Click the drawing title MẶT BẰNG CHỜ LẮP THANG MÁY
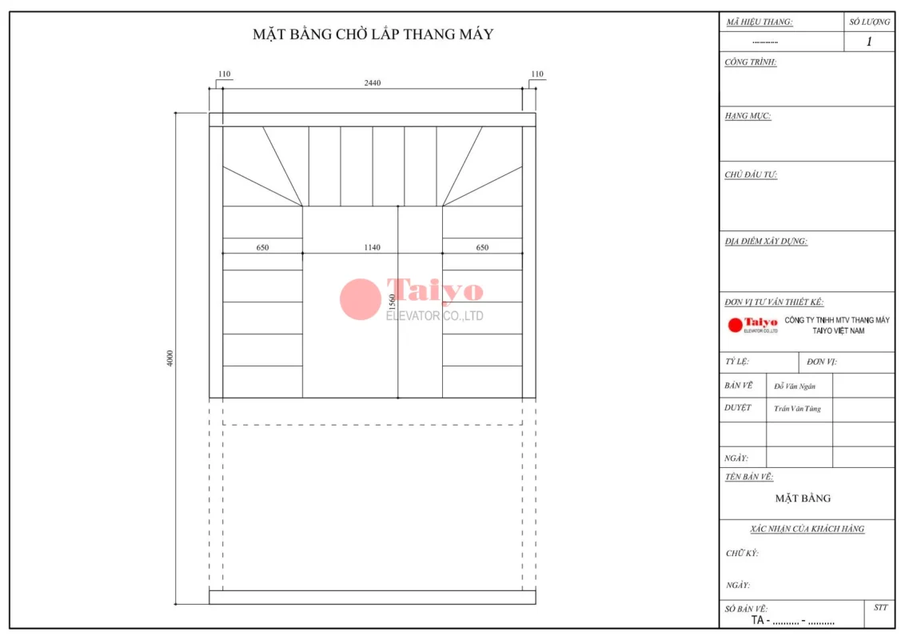[373, 34]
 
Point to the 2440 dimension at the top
[373, 82]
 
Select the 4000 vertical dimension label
[169, 358]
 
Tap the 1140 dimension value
[373, 247]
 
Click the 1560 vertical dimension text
[392, 302]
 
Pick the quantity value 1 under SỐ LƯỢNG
[869, 42]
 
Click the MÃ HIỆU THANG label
[759, 22]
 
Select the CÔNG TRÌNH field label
[751, 62]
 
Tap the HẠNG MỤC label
[748, 115]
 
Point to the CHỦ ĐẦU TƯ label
[751, 174]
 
